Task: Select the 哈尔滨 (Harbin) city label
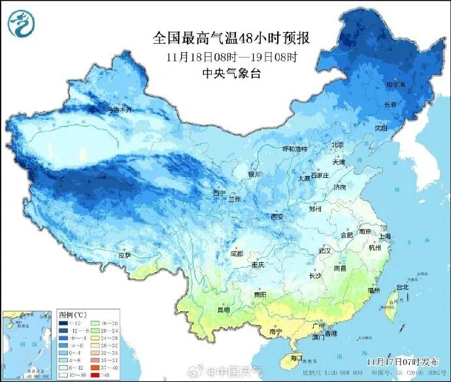point(395,84)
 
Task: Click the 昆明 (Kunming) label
point(224,309)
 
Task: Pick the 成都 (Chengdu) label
point(236,254)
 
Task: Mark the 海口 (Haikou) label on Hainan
point(296,358)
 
